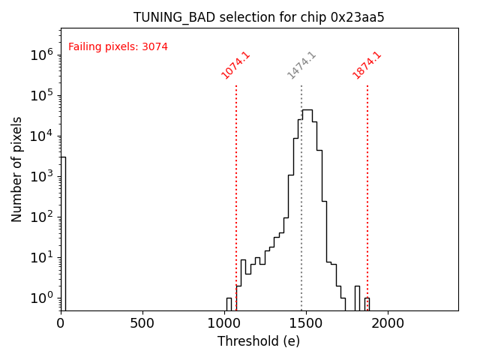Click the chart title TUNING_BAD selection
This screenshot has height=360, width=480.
(259, 17)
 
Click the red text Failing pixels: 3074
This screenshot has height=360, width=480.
(118, 46)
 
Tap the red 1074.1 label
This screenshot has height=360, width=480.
(235, 65)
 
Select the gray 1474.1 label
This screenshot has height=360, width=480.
(301, 65)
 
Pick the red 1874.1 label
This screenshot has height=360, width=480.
(367, 65)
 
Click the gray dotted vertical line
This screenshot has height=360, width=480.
(301, 195)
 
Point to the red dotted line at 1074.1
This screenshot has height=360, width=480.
(236, 195)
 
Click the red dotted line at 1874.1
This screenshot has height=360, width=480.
(367, 195)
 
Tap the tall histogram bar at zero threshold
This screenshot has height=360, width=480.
(63, 232)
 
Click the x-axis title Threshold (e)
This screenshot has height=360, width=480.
(259, 341)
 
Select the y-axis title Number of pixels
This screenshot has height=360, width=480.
(16, 169)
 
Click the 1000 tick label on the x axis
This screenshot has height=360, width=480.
(224, 323)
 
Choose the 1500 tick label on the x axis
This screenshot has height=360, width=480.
(306, 323)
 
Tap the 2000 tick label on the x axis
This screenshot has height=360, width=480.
(388, 323)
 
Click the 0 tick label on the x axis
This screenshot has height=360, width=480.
(61, 323)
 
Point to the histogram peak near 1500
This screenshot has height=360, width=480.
(307, 111)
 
